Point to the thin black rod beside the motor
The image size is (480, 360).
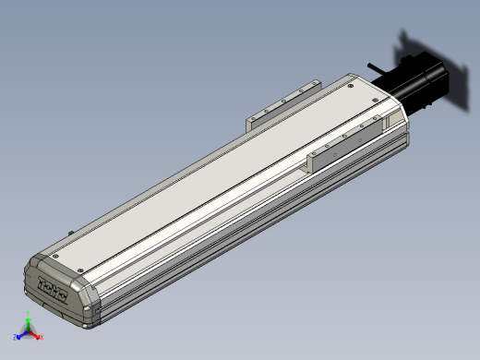378,69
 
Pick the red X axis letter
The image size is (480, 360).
42,337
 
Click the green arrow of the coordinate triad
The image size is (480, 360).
29,325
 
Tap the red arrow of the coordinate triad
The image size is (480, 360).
36,335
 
